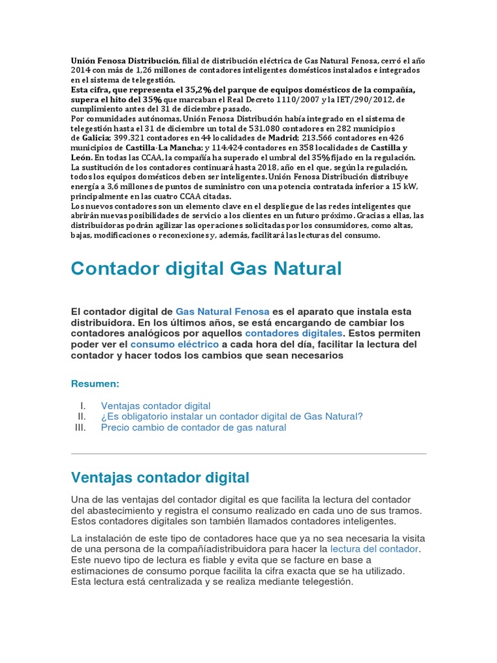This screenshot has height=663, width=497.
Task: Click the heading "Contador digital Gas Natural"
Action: pyautogui.click(x=206, y=268)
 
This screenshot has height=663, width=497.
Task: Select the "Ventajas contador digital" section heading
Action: pyautogui.click(x=160, y=478)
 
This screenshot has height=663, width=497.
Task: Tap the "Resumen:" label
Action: pyautogui.click(x=95, y=384)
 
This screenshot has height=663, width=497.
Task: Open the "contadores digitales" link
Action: pyautogui.click(x=294, y=333)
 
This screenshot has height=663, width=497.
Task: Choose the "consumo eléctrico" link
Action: pyautogui.click(x=175, y=344)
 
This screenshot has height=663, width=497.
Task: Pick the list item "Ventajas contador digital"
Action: pyautogui.click(x=155, y=405)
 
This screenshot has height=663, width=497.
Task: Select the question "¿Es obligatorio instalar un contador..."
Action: pyautogui.click(x=232, y=416)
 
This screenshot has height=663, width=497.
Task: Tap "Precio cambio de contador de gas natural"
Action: pyautogui.click(x=193, y=427)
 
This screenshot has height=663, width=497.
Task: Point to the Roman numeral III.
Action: pyautogui.click(x=81, y=427)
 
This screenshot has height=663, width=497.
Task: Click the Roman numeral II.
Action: pyautogui.click(x=82, y=416)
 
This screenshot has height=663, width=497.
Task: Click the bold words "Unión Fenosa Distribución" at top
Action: pyautogui.click(x=124, y=60)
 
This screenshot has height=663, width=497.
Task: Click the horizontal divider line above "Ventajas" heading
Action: pyautogui.click(x=248, y=453)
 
